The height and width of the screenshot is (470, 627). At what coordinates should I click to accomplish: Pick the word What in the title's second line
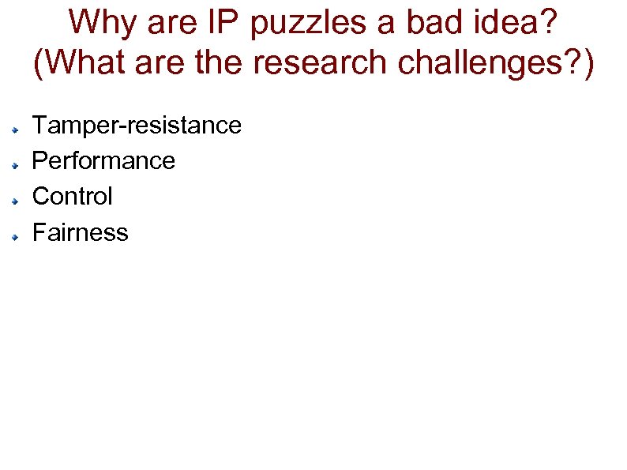click(x=85, y=63)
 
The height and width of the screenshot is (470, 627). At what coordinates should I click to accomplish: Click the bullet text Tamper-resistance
click(x=136, y=125)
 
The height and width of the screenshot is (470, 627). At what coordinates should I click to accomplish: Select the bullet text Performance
click(x=103, y=161)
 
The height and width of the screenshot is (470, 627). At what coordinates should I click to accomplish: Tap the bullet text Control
click(x=72, y=196)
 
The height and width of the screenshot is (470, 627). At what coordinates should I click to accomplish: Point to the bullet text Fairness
click(x=80, y=232)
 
